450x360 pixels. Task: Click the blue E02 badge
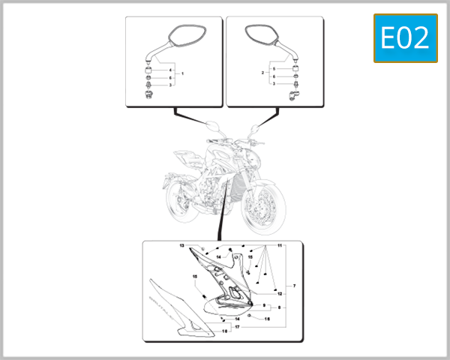(x=405, y=38)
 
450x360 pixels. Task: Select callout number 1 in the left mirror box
(x=182, y=73)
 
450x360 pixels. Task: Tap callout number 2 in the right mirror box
(x=262, y=73)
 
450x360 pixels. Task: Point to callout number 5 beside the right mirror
(x=274, y=69)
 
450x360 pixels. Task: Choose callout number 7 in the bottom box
(x=295, y=286)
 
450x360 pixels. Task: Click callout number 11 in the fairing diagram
(x=280, y=246)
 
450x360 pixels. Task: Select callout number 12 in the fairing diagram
(x=280, y=294)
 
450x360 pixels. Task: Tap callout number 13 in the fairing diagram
(x=181, y=246)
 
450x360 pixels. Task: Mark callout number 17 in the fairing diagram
(x=237, y=327)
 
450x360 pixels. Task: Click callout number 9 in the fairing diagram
(x=264, y=305)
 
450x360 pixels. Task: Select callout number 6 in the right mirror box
(x=274, y=76)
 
